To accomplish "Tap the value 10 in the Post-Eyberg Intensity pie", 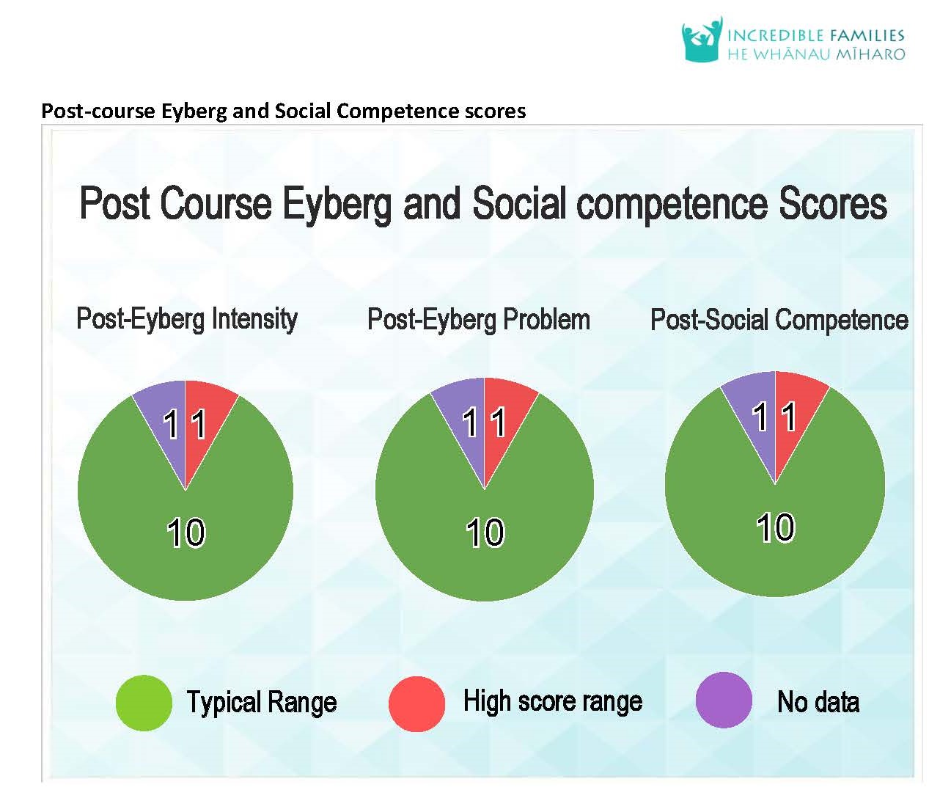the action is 186,533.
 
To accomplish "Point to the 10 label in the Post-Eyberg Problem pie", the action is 485,533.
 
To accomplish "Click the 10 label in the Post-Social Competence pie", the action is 775,527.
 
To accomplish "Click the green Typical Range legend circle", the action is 144,703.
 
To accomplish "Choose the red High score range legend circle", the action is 416,704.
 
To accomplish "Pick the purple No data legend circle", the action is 724,701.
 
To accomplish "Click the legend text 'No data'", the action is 818,703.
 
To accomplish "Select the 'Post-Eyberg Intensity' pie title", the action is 187,319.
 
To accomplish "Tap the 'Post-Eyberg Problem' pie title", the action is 479,320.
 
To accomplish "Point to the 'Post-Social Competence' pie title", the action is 779,320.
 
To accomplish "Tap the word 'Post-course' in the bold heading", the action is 98,111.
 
